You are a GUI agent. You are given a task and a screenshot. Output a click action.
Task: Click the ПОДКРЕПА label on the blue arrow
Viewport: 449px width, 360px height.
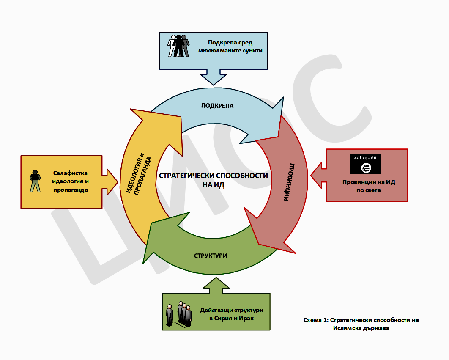(217, 106)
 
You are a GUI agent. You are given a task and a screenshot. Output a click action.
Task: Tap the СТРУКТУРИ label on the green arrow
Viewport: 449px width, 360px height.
(211, 256)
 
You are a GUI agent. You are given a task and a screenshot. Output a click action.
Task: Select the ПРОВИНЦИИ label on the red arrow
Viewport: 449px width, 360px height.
(290, 182)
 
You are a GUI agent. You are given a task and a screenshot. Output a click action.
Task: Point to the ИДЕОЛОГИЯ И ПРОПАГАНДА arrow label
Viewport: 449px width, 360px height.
(139, 174)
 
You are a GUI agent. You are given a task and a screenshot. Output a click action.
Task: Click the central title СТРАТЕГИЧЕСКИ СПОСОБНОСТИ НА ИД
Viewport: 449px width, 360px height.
(214, 180)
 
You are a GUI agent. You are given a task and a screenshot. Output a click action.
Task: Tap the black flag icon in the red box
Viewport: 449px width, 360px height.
(366, 164)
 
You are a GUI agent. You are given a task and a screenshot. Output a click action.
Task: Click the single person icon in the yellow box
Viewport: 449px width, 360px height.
(35, 181)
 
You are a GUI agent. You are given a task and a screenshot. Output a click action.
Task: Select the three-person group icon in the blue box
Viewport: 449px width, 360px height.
(178, 46)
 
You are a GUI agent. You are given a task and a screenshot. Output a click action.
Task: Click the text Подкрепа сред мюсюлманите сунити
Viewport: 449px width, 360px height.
(230, 47)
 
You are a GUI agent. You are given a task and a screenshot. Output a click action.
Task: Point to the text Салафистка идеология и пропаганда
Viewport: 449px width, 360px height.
(71, 181)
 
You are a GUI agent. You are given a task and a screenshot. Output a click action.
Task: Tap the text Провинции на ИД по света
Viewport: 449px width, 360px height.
(369, 186)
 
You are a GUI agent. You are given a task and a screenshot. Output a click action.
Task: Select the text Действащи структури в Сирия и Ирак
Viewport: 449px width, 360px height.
(231, 314)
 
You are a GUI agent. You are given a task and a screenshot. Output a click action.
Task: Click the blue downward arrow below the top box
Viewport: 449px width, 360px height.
(214, 77)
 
